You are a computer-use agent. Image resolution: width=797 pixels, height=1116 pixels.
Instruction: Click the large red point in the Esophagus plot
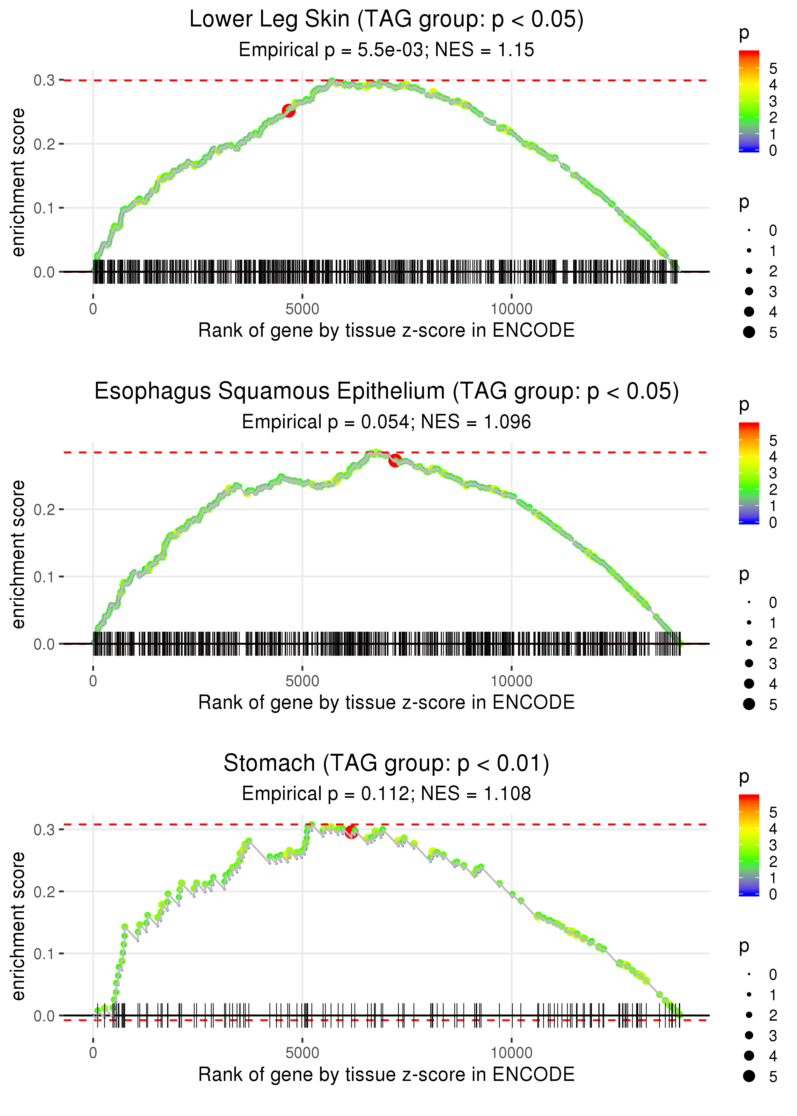click(x=395, y=460)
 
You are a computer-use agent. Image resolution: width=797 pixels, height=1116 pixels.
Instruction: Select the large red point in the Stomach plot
click(x=351, y=831)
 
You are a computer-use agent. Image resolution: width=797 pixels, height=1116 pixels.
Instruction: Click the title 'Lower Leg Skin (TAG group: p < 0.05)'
click(x=386, y=20)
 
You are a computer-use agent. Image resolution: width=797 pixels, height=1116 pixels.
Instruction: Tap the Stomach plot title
click(x=386, y=763)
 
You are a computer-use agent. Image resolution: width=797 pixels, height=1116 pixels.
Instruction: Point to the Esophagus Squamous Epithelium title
click(x=386, y=392)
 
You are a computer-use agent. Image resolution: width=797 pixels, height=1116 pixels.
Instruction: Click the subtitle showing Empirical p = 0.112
click(x=386, y=794)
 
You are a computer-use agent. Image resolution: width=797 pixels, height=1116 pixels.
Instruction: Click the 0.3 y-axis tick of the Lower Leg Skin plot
click(x=44, y=80)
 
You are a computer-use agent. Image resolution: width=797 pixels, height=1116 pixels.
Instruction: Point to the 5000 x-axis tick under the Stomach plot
click(x=302, y=1053)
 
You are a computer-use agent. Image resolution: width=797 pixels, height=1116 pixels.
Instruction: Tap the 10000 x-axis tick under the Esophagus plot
click(x=511, y=681)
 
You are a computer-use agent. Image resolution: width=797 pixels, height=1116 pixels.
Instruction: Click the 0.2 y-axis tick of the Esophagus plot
click(x=44, y=510)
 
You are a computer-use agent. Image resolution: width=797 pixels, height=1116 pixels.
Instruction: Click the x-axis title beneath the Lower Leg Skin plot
click(x=386, y=331)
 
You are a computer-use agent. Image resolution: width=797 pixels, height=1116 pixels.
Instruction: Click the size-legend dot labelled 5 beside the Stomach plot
click(x=749, y=1076)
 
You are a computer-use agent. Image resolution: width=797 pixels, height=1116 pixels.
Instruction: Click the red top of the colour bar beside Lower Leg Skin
click(x=749, y=54)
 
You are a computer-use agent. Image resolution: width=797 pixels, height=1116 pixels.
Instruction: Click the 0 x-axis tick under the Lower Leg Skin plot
click(x=93, y=309)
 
